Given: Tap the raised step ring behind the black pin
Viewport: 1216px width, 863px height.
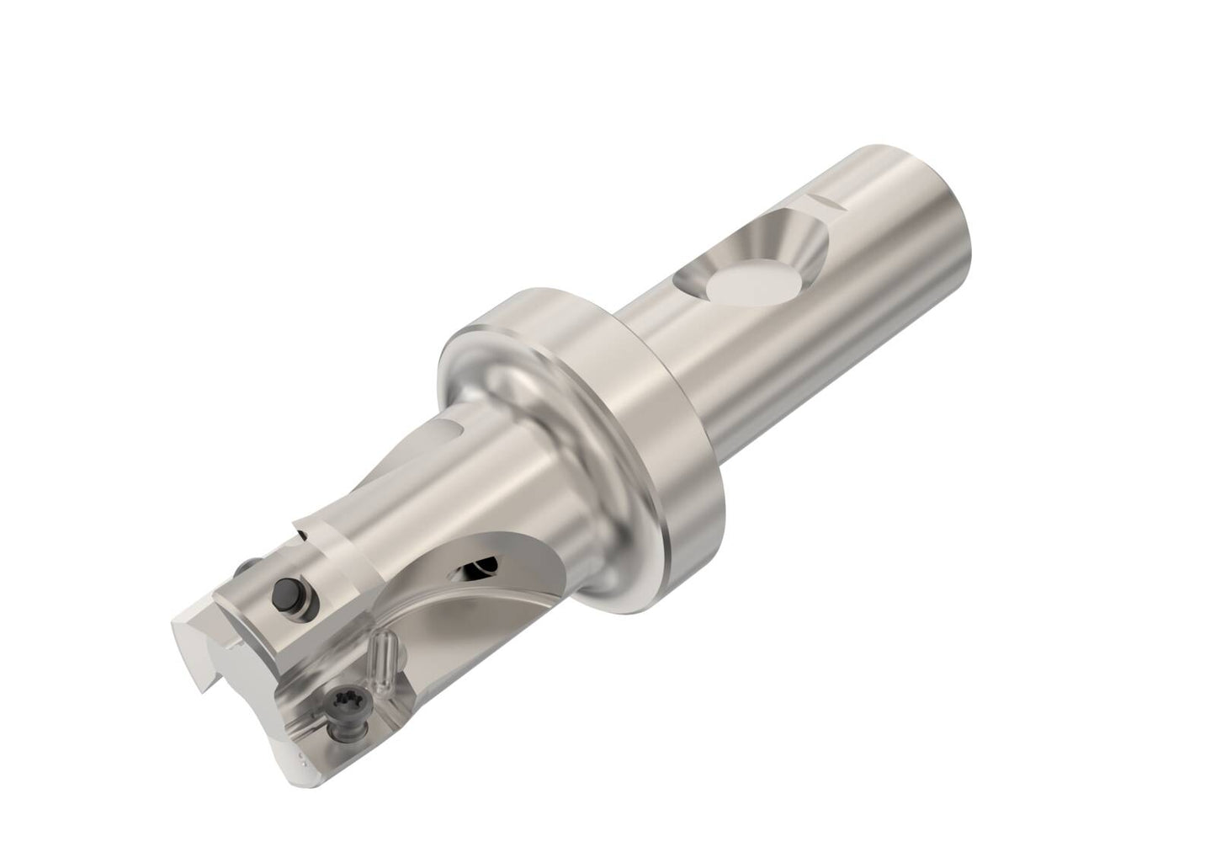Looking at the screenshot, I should point(316,539).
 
